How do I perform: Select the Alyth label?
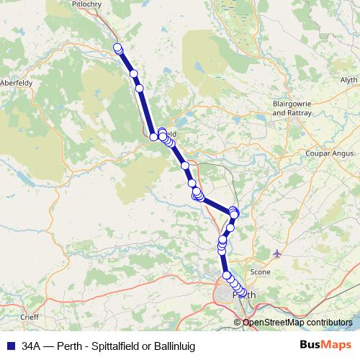tap(348, 80)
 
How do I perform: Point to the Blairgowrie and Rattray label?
tap(292, 108)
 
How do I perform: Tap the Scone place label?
tap(259, 272)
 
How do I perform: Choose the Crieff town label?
tap(30, 317)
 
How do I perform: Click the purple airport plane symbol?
tap(278, 253)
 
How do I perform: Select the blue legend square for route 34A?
tap(10, 346)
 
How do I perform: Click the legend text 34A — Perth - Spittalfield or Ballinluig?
tap(109, 346)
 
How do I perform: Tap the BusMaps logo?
tap(325, 346)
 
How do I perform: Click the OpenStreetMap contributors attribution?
tap(297, 323)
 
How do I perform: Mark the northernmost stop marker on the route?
tap(117, 48)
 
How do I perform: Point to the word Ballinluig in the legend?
tap(173, 346)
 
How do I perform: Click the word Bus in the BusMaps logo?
tap(310, 346)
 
